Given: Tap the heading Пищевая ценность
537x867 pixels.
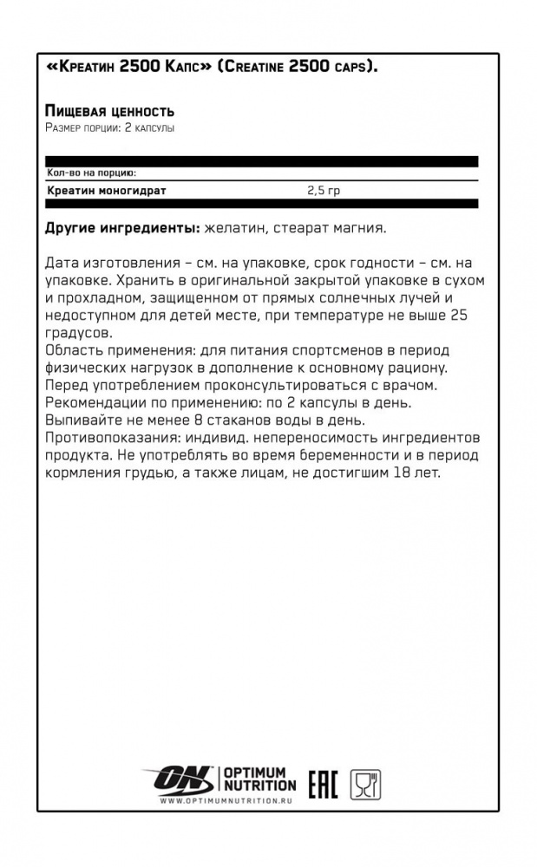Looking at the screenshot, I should [108, 111].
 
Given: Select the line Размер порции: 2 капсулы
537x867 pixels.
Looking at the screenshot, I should [109, 127].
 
